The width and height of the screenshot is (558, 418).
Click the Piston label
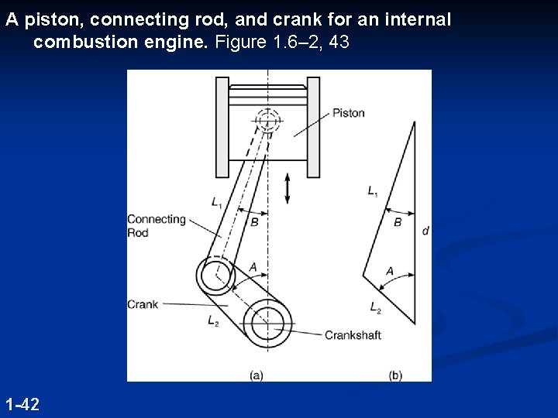(x=348, y=113)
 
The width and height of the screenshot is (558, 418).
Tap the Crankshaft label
(x=353, y=335)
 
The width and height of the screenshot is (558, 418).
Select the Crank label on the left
(x=143, y=304)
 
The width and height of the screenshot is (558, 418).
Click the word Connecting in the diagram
(x=157, y=219)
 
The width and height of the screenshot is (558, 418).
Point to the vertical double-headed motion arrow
(x=288, y=189)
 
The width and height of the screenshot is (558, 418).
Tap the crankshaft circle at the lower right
(x=268, y=318)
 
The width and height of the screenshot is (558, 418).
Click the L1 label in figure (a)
(x=217, y=202)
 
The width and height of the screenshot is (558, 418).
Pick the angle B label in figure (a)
(x=254, y=222)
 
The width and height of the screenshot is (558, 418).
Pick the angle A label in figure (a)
(x=253, y=268)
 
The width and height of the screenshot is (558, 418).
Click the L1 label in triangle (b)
(x=374, y=190)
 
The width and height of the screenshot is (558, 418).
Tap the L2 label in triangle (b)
(x=376, y=308)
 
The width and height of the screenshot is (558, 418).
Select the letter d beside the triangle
(x=425, y=230)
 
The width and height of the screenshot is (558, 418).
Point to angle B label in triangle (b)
(x=398, y=222)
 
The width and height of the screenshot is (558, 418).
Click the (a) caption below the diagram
(x=257, y=375)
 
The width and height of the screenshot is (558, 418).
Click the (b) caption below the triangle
(x=395, y=375)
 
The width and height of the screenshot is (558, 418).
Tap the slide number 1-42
(x=22, y=404)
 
